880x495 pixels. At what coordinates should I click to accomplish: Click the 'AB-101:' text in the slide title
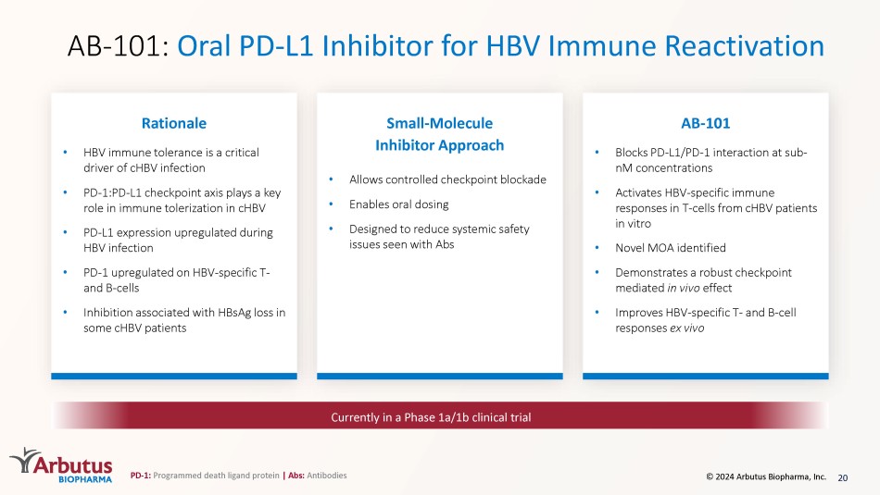click(118, 46)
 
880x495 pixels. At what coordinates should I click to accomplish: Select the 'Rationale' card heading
click(174, 123)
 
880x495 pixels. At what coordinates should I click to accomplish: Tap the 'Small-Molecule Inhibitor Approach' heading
click(439, 134)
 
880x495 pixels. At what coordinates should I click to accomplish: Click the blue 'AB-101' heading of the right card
click(706, 123)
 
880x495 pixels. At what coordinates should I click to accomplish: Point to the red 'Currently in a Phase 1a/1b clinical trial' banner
click(439, 416)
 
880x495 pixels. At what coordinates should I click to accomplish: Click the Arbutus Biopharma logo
click(61, 465)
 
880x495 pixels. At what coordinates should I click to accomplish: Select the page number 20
click(842, 477)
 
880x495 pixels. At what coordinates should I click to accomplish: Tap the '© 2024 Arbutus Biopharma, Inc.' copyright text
click(766, 476)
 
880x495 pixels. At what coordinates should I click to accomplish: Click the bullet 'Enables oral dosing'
click(398, 204)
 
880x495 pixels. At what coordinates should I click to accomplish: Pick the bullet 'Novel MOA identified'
click(670, 248)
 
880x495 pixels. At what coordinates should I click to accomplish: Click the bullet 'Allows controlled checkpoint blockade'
click(447, 179)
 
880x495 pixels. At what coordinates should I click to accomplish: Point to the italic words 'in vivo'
click(683, 288)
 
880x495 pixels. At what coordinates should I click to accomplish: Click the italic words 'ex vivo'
click(686, 328)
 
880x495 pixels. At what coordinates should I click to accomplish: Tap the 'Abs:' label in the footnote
click(295, 476)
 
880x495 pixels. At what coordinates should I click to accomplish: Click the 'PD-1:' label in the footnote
click(140, 476)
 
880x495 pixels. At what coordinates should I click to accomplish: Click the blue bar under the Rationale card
click(174, 377)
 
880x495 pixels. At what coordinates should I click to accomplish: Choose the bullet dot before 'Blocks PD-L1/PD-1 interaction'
click(597, 152)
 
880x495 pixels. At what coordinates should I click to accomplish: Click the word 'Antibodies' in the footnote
click(327, 476)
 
